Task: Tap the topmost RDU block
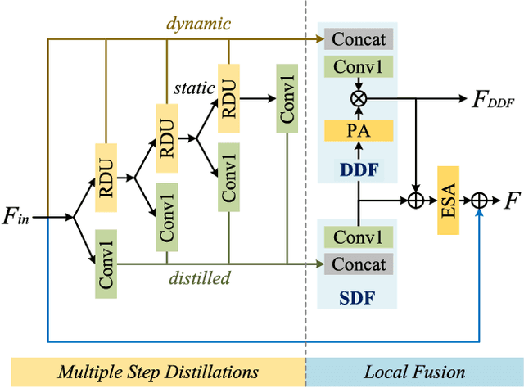228,96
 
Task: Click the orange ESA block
449,200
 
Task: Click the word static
194,86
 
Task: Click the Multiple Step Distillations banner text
158,372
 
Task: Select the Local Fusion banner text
414,372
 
